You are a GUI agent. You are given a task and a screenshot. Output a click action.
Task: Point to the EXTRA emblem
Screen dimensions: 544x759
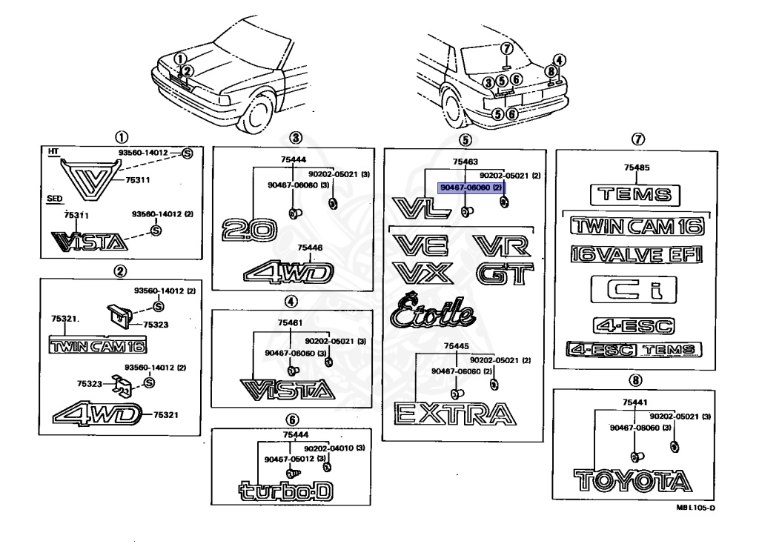tap(453, 414)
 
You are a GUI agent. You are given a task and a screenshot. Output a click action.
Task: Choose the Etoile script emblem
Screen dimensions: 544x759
tap(431, 311)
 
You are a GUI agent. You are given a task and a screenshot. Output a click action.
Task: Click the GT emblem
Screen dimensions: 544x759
tap(504, 274)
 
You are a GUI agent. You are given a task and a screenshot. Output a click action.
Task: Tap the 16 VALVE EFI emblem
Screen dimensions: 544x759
tap(636, 254)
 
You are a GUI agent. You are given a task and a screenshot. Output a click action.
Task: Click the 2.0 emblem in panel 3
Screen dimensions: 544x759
tap(249, 230)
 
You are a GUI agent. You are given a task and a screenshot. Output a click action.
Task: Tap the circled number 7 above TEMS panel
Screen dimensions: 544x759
tap(636, 139)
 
